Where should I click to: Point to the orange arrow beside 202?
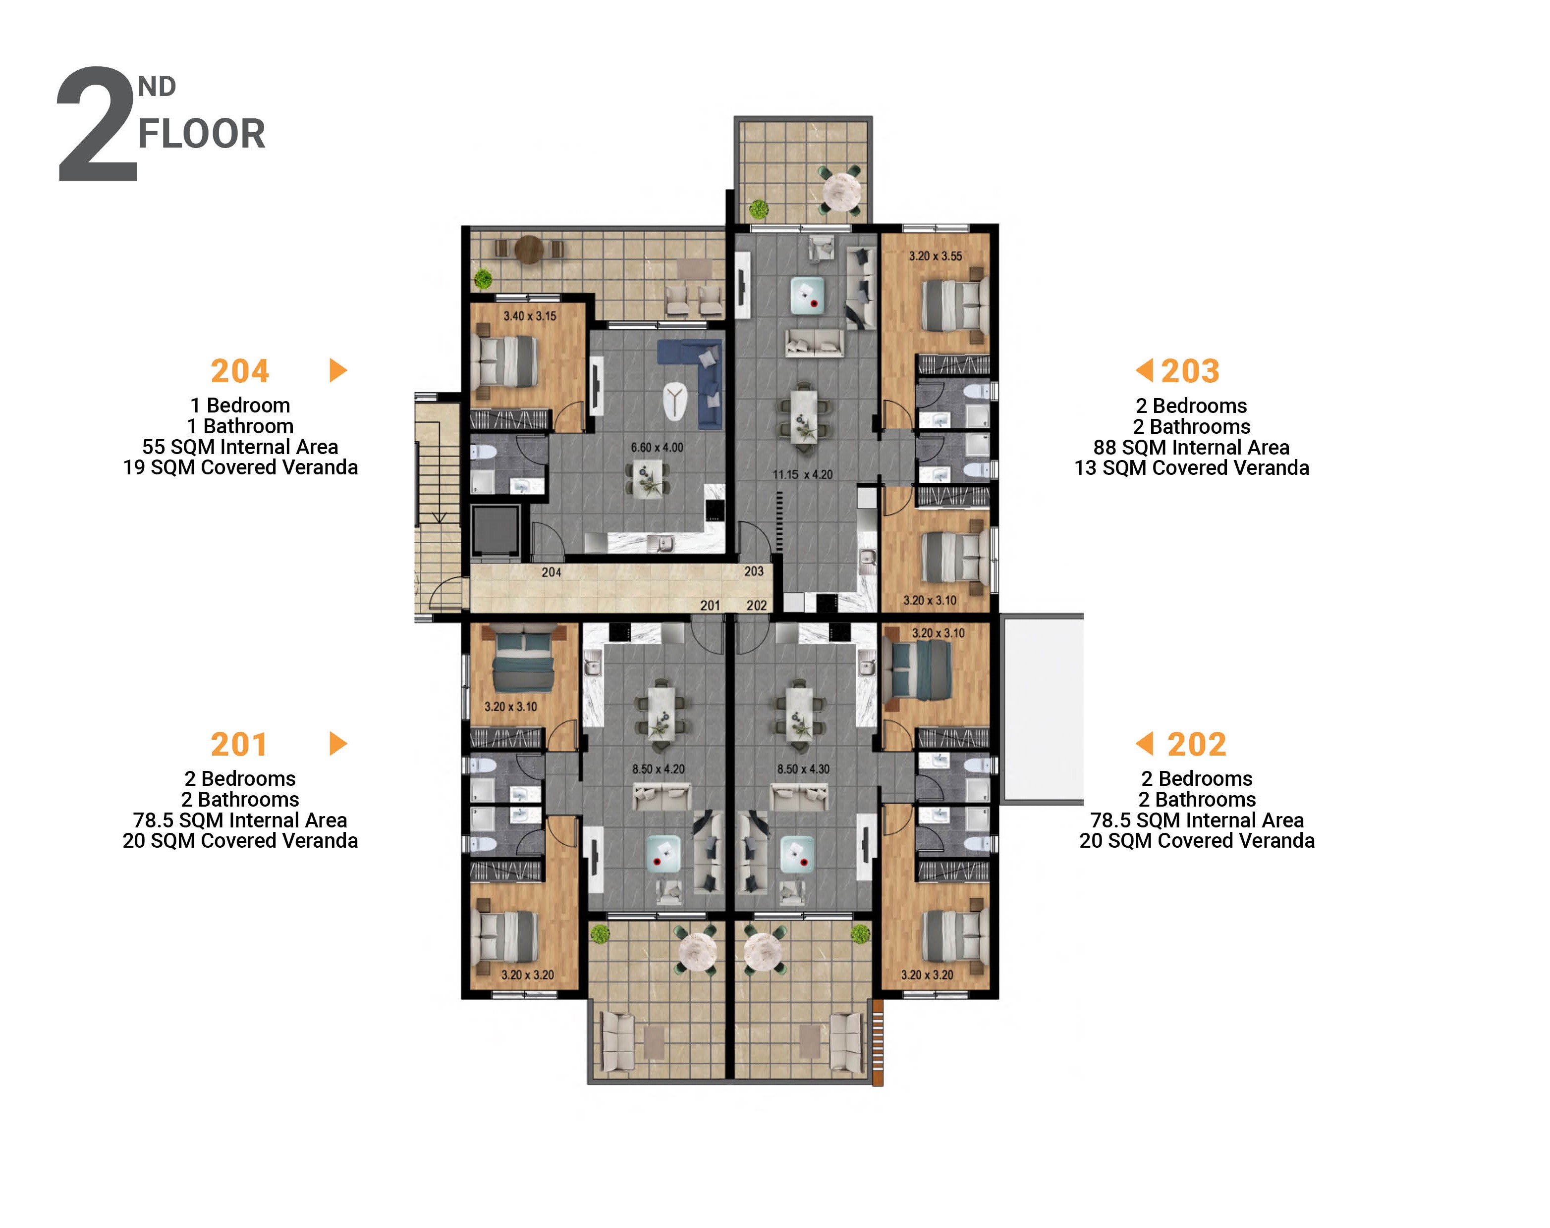1144,744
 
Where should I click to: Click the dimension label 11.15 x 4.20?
802,474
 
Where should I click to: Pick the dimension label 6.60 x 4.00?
657,447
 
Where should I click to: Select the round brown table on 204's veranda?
528,250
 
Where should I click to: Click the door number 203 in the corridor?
753,571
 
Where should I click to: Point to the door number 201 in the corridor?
710,605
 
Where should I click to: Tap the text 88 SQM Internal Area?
1191,447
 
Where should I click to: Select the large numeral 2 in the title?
97,126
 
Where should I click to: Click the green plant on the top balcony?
758,210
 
